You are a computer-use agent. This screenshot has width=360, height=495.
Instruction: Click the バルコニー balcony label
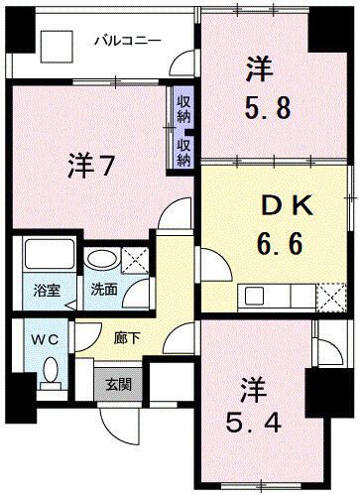coord(126,41)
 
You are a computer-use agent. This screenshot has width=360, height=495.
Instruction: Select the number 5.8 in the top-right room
coord(267,105)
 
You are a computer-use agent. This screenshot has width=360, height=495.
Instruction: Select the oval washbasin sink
coord(100,260)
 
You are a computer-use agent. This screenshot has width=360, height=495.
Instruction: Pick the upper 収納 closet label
coord(184,106)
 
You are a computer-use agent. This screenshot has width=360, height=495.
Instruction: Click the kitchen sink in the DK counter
coord(254,294)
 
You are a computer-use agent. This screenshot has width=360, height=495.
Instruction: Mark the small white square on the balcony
coord(56,47)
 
